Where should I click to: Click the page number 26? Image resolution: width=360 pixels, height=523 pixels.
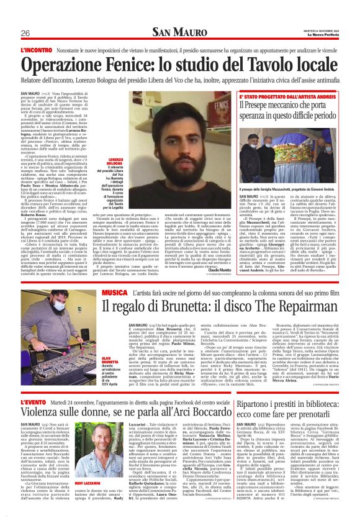coord(25,33)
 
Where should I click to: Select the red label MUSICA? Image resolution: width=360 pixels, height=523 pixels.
coord(115,291)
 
